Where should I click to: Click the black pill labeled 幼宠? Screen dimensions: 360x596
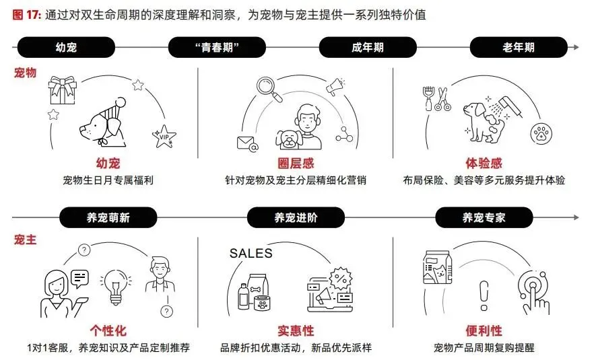coord(65,48)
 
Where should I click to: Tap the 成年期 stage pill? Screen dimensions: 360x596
coord(367,48)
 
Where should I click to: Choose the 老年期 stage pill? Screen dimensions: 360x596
coord(518,48)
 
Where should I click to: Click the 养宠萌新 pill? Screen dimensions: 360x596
coord(107,217)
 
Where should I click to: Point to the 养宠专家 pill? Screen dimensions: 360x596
coord(484,217)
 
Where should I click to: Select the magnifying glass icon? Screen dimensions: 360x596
coord(267,89)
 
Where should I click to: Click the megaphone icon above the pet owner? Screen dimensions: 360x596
coord(335,87)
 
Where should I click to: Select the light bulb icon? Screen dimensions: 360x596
coord(114,286)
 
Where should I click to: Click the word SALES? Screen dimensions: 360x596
coord(251,253)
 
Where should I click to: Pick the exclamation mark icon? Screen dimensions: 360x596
coord(482,294)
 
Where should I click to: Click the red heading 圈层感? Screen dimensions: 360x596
coord(296,164)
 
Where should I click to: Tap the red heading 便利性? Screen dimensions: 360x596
coord(484,330)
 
